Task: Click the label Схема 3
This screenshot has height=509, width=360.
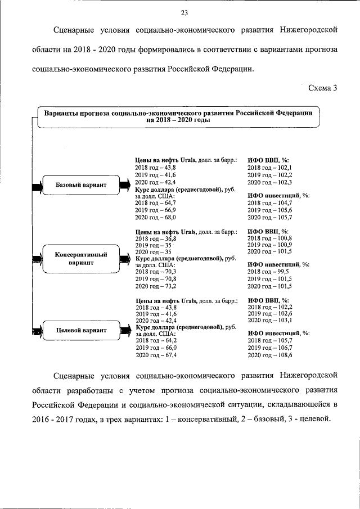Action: (x=322, y=88)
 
